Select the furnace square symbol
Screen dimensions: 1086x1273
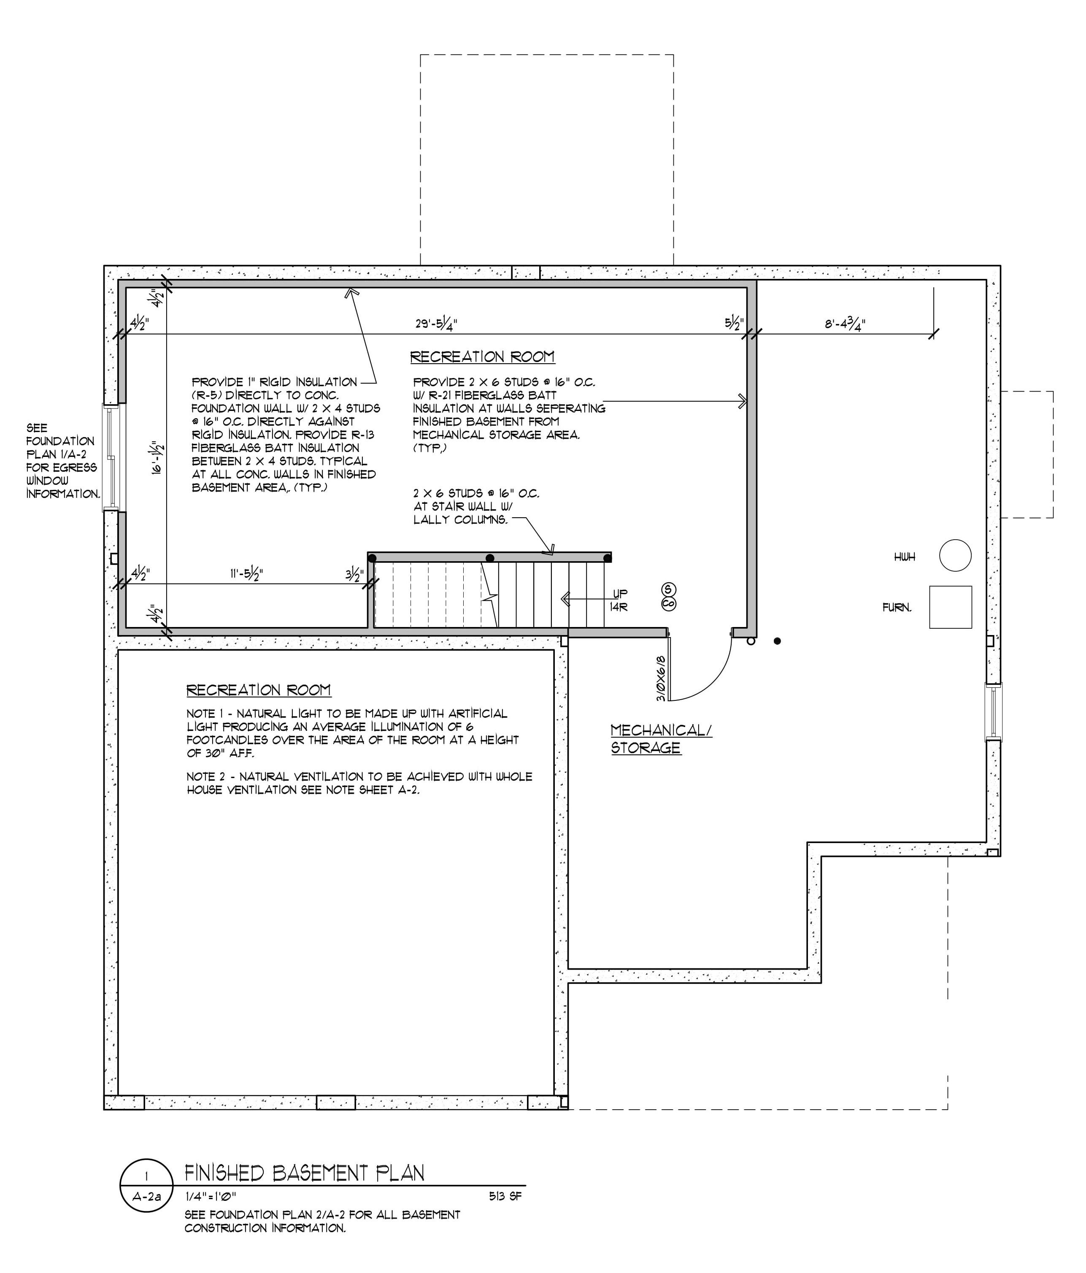click(950, 607)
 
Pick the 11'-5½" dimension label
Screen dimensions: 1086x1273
click(246, 574)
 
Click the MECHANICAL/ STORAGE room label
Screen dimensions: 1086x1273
click(661, 738)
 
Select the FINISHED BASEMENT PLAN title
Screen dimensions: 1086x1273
click(305, 1173)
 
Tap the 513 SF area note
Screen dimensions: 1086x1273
click(505, 1196)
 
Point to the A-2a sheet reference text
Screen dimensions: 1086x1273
click(146, 1197)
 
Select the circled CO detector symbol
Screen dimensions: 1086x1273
click(668, 604)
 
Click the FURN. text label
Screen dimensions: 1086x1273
click(897, 608)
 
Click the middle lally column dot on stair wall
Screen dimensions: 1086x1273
click(489, 558)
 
